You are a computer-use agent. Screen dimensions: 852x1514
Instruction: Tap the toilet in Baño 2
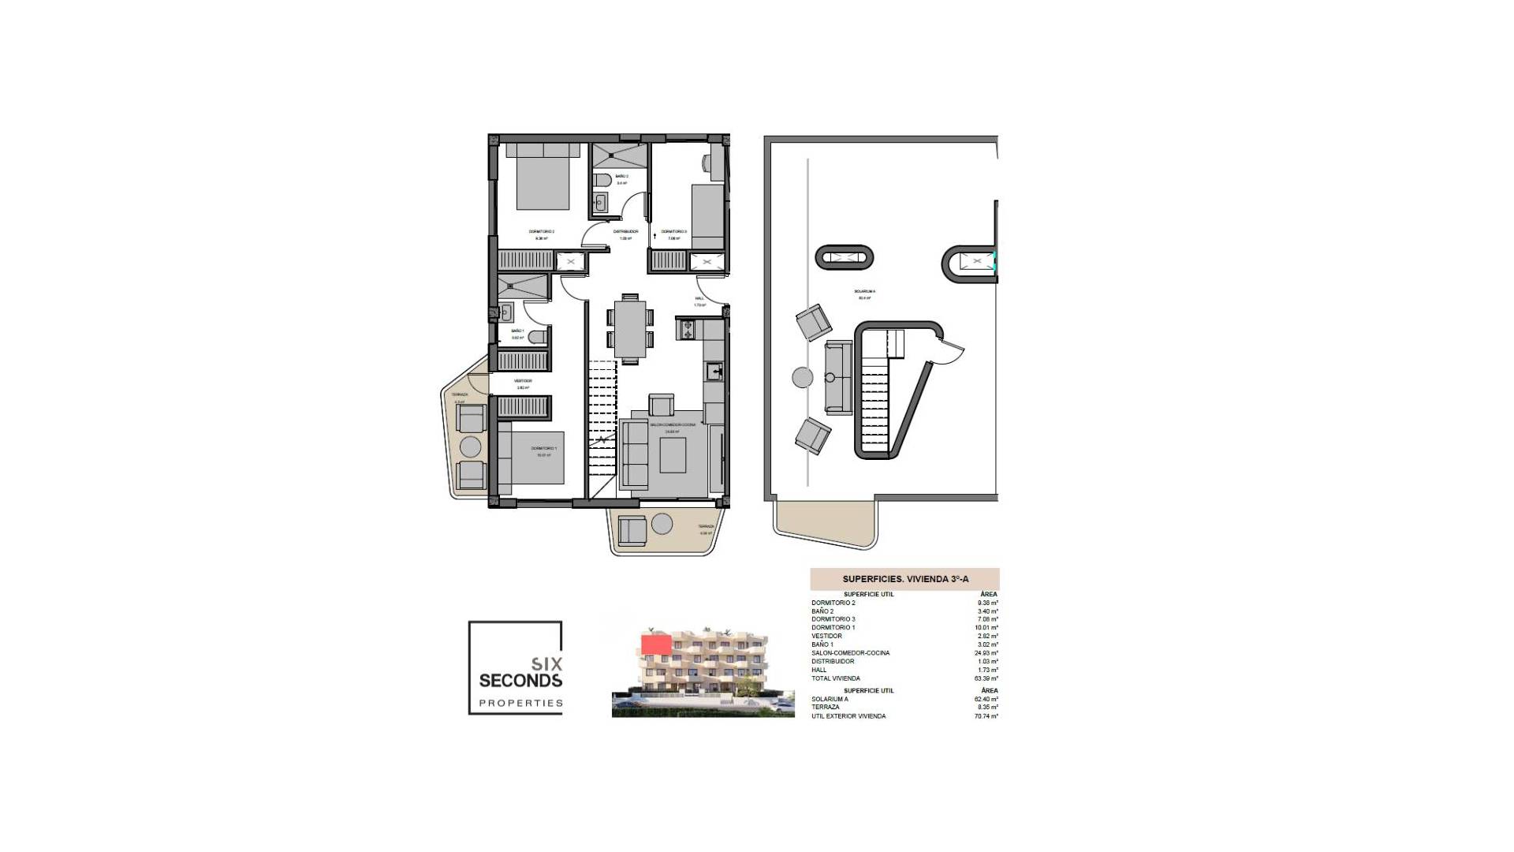click(601, 178)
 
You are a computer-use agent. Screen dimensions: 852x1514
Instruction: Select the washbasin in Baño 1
click(506, 312)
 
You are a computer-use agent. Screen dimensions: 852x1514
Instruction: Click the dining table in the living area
click(629, 329)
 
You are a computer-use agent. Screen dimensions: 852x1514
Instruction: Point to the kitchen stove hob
click(684, 329)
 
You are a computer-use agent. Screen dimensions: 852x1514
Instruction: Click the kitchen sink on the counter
click(714, 371)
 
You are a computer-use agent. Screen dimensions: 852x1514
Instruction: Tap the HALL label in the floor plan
click(699, 298)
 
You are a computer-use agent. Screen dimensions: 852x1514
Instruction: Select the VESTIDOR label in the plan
click(523, 381)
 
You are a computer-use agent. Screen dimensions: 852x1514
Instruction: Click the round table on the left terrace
click(471, 447)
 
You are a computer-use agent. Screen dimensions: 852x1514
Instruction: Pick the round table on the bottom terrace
click(662, 523)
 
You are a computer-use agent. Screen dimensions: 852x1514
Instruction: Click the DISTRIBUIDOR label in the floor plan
click(625, 231)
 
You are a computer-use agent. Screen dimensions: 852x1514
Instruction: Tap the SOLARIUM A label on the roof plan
click(864, 291)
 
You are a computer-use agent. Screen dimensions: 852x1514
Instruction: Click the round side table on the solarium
click(802, 377)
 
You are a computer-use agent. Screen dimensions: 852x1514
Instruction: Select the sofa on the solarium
click(838, 378)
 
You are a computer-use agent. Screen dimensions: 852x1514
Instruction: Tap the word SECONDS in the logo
click(520, 680)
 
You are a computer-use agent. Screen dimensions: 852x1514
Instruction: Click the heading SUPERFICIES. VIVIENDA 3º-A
click(905, 579)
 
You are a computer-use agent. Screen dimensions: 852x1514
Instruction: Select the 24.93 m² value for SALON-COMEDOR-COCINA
click(986, 653)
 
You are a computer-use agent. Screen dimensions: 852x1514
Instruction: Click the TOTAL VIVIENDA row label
click(835, 678)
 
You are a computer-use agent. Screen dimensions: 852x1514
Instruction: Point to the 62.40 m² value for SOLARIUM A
click(986, 699)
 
